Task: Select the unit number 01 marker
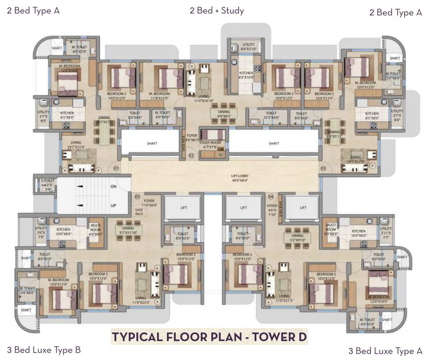(116, 168)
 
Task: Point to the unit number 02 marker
(191, 155)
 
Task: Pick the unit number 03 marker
(323, 168)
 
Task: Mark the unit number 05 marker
(137, 196)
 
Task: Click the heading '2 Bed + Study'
(216, 10)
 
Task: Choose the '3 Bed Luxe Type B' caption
(44, 350)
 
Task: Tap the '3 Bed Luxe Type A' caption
(385, 351)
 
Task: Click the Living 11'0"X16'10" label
(204, 98)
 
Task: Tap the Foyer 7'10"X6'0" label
(149, 202)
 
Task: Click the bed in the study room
(213, 135)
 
